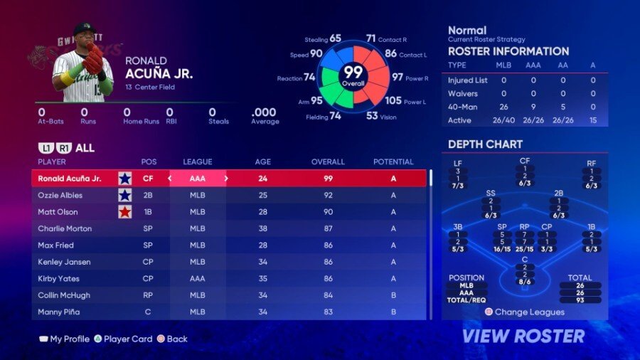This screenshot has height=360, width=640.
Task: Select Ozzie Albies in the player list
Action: coord(60,195)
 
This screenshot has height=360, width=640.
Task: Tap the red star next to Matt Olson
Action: coord(125,212)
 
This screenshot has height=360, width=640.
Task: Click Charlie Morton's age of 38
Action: coord(262,228)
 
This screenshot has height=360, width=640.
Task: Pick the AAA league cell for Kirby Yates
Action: coord(198,278)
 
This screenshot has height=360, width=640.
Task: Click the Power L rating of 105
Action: coord(393,100)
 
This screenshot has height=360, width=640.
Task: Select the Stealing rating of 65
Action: coord(335,38)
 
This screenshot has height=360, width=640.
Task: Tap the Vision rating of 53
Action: coord(372,115)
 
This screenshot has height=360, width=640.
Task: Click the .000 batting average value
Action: coord(264,112)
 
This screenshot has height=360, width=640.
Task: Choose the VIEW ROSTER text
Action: coord(523,336)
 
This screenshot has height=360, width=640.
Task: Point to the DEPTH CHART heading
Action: coord(485,144)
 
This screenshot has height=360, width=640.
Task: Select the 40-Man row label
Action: coord(462,106)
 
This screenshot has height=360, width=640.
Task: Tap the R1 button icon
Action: coord(64,148)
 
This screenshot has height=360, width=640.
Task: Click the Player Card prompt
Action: coord(128,339)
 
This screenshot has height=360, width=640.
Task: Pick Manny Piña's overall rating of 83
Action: coord(328,312)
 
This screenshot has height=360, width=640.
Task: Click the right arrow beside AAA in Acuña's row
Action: coord(226,179)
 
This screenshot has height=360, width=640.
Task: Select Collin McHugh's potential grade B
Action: coord(393,295)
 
